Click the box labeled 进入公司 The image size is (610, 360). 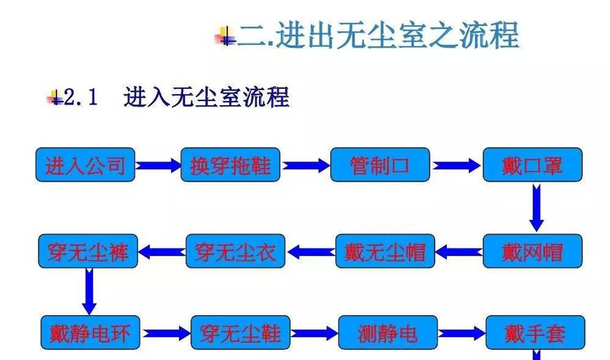pos(85,165)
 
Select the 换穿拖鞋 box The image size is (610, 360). pos(230,165)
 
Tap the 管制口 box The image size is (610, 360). pos(380,165)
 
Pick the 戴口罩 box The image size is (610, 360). pos(532,165)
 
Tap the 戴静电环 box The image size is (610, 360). pos(90,333)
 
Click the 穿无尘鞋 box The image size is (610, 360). pos(241,333)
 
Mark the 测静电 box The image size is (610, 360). pos(388,333)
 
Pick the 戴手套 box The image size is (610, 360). pos(535,333)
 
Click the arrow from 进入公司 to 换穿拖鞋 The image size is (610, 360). pos(158,165)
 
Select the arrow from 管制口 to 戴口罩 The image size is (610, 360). pos(456,165)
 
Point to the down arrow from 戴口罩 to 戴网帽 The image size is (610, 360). pos(536,207)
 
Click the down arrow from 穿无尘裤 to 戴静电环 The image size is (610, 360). pos(89,291)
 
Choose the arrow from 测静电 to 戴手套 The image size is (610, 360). pos(462,333)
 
